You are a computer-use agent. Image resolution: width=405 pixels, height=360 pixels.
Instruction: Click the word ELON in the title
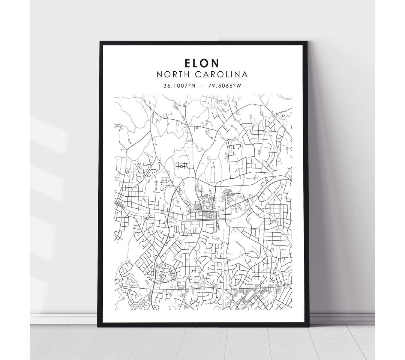(x=202, y=62)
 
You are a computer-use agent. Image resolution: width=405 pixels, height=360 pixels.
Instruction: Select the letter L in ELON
(x=197, y=62)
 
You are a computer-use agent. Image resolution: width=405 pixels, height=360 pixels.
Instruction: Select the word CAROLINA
(x=220, y=74)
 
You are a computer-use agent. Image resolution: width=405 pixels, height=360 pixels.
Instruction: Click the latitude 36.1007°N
(x=179, y=86)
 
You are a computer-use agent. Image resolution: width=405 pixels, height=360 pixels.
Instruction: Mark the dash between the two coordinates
(x=202, y=86)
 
